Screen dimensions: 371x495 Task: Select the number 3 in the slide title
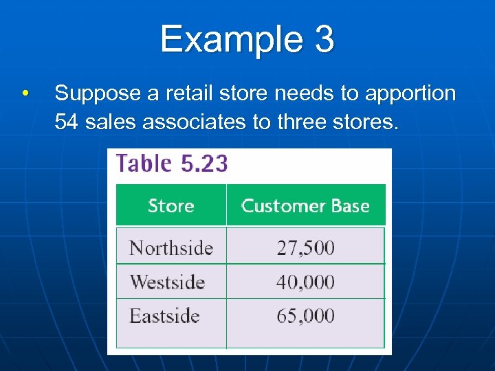pyautogui.click(x=324, y=39)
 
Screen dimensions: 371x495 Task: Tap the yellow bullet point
pyautogui.click(x=25, y=93)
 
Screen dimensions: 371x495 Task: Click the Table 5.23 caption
pyautogui.click(x=172, y=164)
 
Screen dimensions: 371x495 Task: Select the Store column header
pyautogui.click(x=170, y=205)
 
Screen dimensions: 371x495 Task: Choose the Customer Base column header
pyautogui.click(x=305, y=205)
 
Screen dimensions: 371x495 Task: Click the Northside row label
pyautogui.click(x=171, y=247)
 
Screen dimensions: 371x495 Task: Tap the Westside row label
pyautogui.click(x=167, y=282)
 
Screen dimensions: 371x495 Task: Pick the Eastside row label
pyautogui.click(x=164, y=316)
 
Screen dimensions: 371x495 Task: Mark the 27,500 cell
pyautogui.click(x=305, y=247)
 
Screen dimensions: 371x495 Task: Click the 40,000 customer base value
pyautogui.click(x=305, y=282)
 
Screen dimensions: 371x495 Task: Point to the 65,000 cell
pyautogui.click(x=305, y=316)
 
